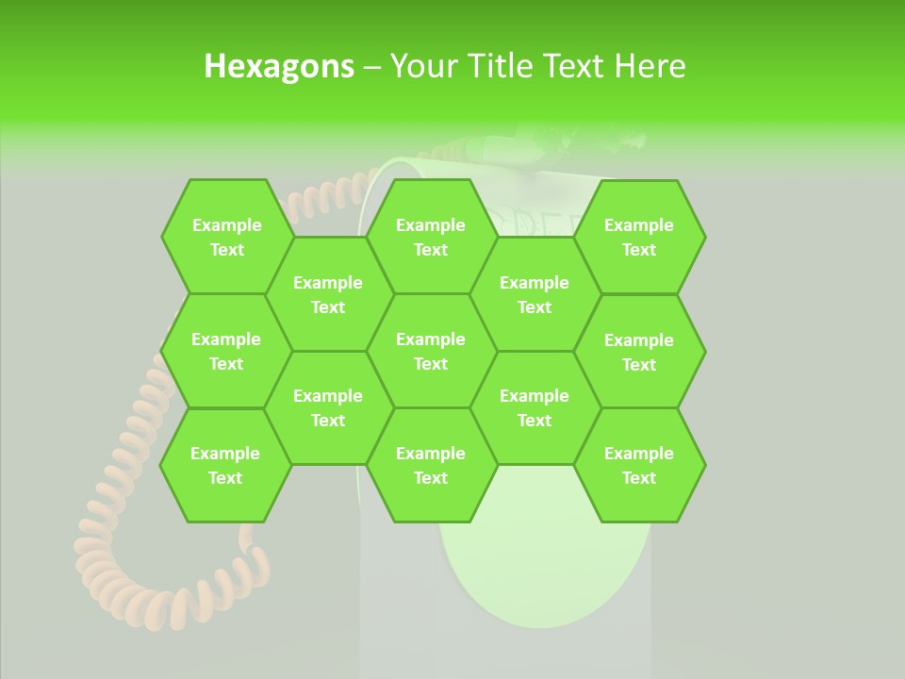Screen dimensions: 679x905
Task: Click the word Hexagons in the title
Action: tap(279, 66)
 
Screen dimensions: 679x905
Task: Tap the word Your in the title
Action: tap(422, 66)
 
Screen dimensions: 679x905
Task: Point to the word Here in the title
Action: tap(650, 66)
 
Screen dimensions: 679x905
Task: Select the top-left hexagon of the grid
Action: tap(226, 237)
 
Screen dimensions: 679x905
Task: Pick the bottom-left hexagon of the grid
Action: tap(225, 465)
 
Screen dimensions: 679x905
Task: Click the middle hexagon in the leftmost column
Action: tap(226, 351)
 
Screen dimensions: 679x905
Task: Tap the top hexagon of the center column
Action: tap(431, 237)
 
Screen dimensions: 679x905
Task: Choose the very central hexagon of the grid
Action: tap(431, 351)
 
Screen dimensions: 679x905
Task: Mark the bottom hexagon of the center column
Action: tap(431, 465)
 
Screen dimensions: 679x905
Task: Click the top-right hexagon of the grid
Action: tap(639, 237)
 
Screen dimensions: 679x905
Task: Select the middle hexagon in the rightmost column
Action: tap(639, 352)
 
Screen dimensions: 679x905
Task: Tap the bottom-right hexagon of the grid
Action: tap(639, 465)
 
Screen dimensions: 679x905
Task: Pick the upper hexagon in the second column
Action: tap(328, 294)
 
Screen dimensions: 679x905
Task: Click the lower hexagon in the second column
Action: tap(328, 407)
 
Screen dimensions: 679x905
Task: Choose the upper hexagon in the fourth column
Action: tap(535, 294)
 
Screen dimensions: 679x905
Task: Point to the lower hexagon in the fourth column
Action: tap(535, 407)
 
